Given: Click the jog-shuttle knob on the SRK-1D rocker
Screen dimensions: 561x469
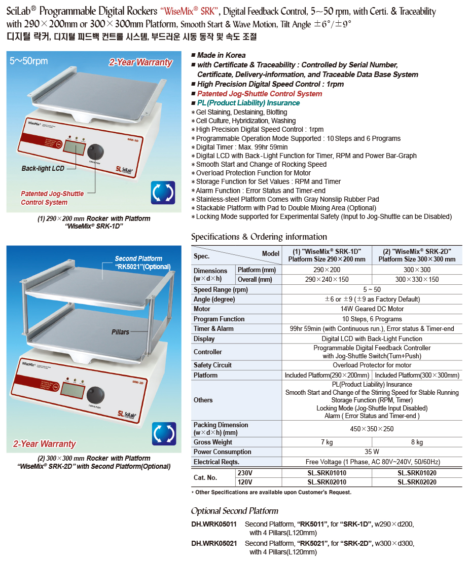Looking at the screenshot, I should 94,152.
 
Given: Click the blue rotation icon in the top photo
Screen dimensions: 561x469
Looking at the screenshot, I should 164,193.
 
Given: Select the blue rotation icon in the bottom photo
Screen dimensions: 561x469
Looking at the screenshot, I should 164,434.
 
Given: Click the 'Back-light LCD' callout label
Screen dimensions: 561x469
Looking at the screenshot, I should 43,168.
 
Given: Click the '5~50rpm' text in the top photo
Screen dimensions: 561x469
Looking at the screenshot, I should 29,61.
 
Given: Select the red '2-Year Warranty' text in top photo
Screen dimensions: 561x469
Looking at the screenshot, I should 140,63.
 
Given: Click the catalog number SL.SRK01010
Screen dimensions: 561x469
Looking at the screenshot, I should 326,473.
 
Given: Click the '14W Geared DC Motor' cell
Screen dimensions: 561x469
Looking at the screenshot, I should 372,309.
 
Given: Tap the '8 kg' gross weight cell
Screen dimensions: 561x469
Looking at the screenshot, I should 417,442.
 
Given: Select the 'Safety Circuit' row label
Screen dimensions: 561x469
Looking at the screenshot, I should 212,365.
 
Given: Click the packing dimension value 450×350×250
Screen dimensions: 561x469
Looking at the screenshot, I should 372,429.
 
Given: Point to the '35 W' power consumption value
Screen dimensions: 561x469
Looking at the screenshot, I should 372,452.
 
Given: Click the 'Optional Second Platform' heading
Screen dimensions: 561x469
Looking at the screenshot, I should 234,511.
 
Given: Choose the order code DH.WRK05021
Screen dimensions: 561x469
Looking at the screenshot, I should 214,543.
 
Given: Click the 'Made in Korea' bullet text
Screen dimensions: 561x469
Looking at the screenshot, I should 222,55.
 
